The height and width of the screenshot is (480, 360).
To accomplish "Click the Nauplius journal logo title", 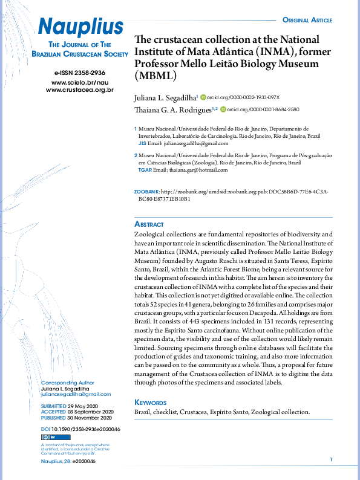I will [80, 26].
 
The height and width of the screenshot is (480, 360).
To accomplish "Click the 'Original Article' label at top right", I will [307, 21].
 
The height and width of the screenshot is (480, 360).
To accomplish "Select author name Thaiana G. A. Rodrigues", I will [172, 109].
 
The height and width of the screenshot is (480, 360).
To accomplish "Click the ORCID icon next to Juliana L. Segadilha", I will [203, 97].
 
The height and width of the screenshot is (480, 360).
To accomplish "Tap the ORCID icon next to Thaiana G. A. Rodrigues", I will [223, 109].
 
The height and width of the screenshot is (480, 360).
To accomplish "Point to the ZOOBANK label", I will [147, 192].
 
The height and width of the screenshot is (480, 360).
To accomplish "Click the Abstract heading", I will [149, 223].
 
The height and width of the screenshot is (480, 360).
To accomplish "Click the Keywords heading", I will [150, 402].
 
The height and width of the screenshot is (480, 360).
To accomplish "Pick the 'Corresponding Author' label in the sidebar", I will [68, 383].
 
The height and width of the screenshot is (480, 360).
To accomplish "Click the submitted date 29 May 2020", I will [80, 406].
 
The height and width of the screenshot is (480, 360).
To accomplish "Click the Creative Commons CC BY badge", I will [48, 436].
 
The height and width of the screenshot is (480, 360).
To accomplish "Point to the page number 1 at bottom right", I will [331, 461].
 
